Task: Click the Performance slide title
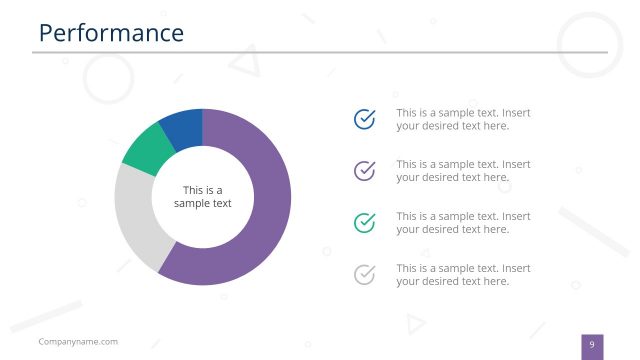point(111,33)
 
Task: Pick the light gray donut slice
point(137,215)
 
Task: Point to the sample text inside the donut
point(202,197)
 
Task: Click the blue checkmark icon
point(365,120)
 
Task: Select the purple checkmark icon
point(365,171)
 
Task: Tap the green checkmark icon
point(365,222)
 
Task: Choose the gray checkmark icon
point(365,274)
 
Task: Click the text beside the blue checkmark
point(463,120)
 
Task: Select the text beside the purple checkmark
point(463,171)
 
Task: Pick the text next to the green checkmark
point(463,222)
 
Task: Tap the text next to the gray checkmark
point(463,274)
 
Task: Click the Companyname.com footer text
point(78,342)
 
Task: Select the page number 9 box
point(592,346)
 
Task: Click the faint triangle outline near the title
point(243,64)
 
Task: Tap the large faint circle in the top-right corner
point(589,45)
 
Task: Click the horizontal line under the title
point(320,52)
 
